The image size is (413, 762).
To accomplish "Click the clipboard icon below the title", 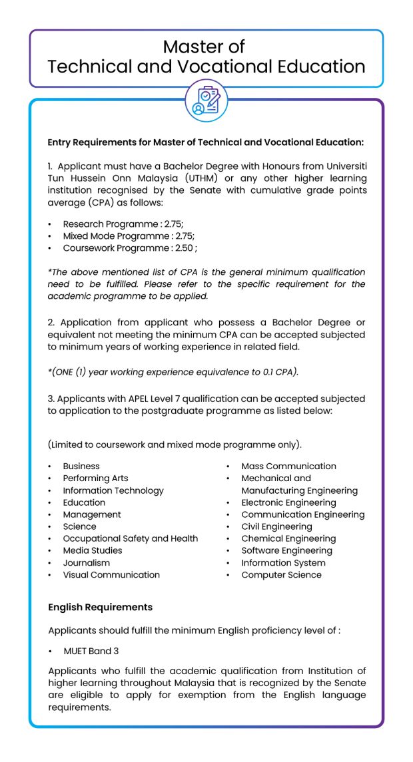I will click(206, 100).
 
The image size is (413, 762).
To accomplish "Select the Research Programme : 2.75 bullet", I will click(123, 224).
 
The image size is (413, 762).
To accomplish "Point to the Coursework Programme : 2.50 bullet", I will click(129, 248).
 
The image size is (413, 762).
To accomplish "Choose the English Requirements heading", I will click(100, 607).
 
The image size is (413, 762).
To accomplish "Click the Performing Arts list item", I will click(95, 478).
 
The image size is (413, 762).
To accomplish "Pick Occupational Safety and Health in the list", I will click(130, 538).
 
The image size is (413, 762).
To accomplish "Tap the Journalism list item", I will click(87, 562).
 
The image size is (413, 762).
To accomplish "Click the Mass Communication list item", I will click(288, 467).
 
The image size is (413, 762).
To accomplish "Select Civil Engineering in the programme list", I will click(276, 526).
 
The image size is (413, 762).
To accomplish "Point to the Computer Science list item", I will click(281, 574).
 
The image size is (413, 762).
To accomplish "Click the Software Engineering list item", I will click(286, 550).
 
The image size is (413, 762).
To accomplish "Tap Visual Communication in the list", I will click(111, 574).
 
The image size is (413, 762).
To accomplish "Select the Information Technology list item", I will click(113, 490).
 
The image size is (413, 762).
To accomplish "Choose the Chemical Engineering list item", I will click(288, 538).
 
